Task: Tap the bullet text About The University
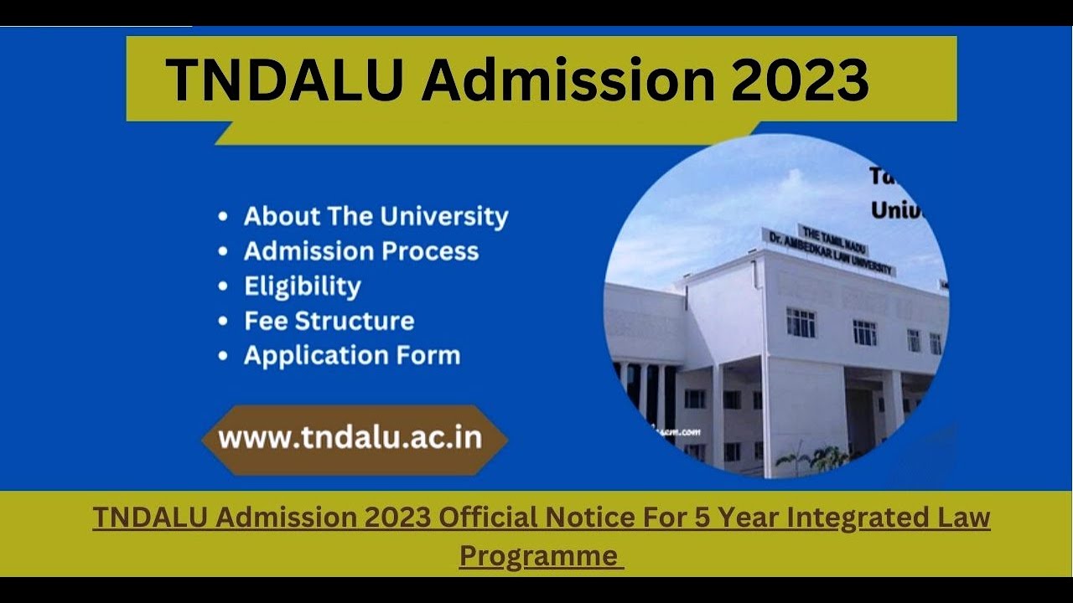tap(376, 216)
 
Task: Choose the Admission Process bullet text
tap(361, 251)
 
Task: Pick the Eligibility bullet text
tap(303, 286)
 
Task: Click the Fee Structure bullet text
tap(329, 321)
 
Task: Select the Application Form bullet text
tap(352, 355)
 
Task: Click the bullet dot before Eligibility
tap(223, 287)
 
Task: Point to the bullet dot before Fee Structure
tap(223, 322)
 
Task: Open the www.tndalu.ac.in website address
tap(350, 439)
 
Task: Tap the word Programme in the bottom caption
tap(538, 555)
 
